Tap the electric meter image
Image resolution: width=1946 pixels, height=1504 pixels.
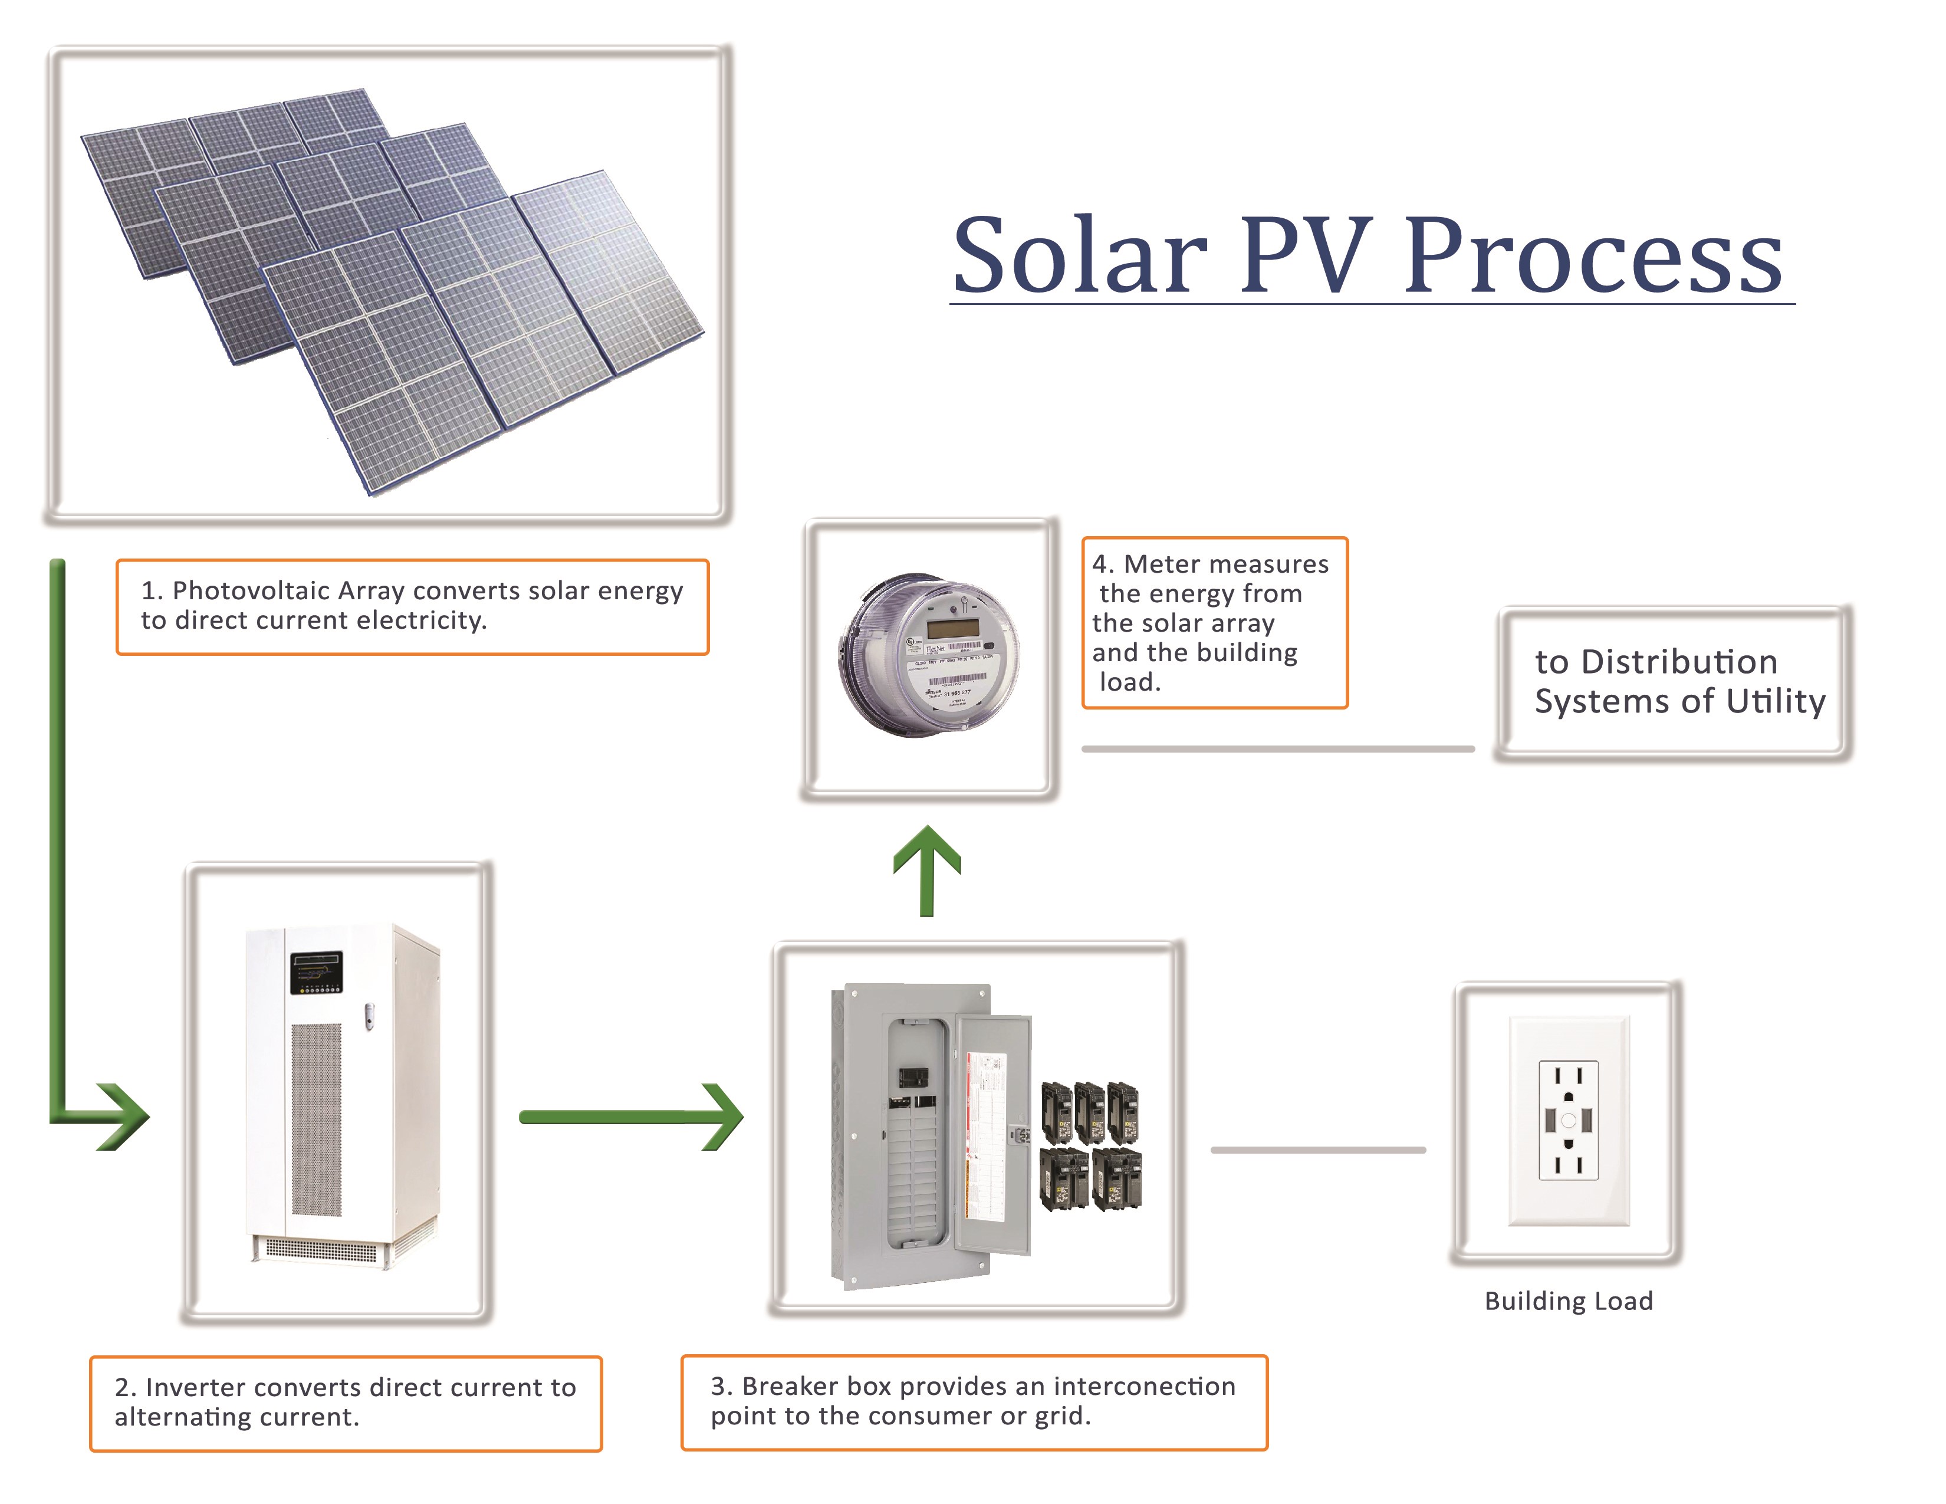[928, 655]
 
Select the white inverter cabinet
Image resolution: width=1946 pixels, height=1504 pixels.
[343, 1092]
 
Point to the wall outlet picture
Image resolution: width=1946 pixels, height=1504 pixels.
[1568, 1120]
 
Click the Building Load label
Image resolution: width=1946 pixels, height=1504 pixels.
[1568, 1301]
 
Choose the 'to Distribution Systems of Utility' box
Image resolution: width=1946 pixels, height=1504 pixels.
[1674, 682]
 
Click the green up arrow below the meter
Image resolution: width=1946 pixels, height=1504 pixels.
[926, 869]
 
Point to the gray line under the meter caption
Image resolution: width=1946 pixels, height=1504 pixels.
[1278, 749]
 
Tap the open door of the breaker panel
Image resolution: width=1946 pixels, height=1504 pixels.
[994, 1136]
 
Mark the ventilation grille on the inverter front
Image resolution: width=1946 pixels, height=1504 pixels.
[316, 1118]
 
